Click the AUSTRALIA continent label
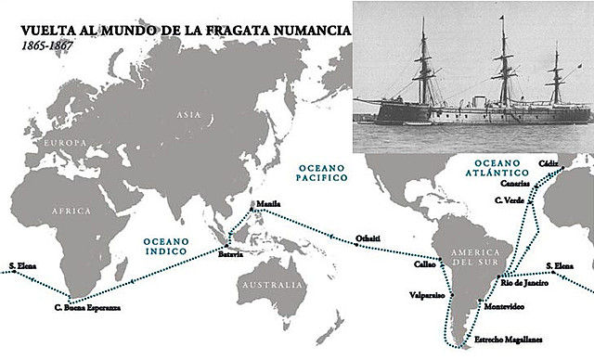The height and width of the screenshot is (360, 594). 268,285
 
